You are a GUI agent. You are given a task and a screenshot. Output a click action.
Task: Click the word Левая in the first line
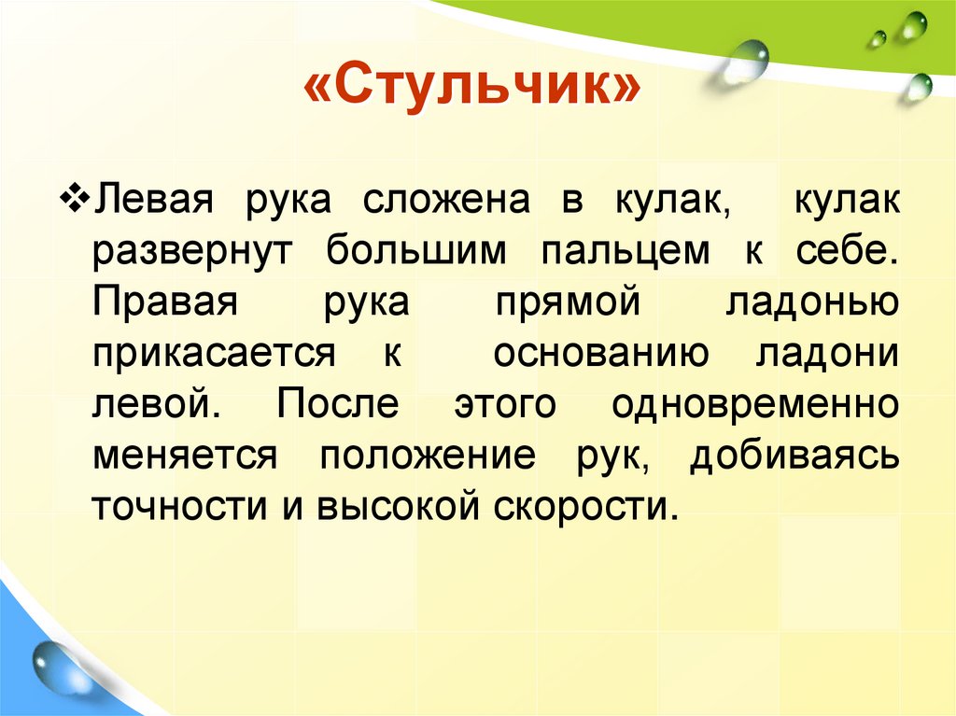[x=155, y=203]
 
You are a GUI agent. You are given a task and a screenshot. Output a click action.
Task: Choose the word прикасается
[x=213, y=355]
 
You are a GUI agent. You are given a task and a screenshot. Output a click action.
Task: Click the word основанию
[x=597, y=355]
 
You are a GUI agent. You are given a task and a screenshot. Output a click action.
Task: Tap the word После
[x=338, y=406]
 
